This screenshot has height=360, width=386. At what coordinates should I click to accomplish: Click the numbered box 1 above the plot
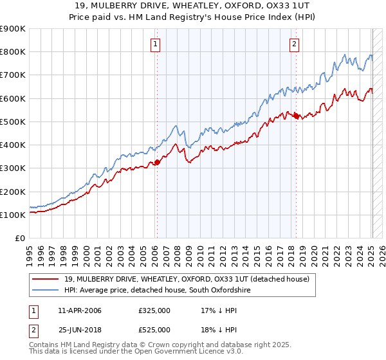point(156,44)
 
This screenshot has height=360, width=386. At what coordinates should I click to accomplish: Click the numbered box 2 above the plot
point(294,44)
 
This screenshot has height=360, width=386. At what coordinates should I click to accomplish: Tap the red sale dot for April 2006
point(156,163)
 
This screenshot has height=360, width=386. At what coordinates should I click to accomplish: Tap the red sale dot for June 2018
point(296,116)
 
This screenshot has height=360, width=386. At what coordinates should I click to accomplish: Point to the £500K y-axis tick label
point(13,122)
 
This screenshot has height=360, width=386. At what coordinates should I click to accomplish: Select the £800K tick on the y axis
point(13,51)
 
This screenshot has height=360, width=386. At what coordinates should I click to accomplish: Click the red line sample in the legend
point(46,279)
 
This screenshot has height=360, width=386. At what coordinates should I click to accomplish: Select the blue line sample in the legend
point(46,291)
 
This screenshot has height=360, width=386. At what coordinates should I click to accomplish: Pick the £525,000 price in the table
point(154,330)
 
